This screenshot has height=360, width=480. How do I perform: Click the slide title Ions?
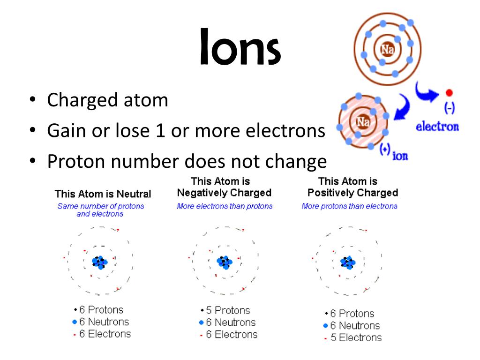click(240, 47)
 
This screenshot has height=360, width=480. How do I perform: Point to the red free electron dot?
click(449, 93)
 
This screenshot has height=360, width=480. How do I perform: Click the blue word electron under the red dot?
click(437, 127)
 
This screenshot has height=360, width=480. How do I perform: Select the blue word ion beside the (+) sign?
click(400, 156)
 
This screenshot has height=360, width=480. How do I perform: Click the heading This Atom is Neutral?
click(103, 194)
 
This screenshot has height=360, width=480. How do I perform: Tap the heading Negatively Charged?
click(224, 193)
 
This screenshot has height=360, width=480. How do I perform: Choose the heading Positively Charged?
click(352, 193)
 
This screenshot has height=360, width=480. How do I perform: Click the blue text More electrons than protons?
click(225, 206)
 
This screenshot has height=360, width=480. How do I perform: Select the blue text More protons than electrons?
click(349, 206)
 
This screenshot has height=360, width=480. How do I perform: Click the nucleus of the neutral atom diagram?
click(99, 262)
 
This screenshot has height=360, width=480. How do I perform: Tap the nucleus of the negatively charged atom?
click(225, 262)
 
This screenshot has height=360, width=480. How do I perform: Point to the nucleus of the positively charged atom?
click(348, 262)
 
